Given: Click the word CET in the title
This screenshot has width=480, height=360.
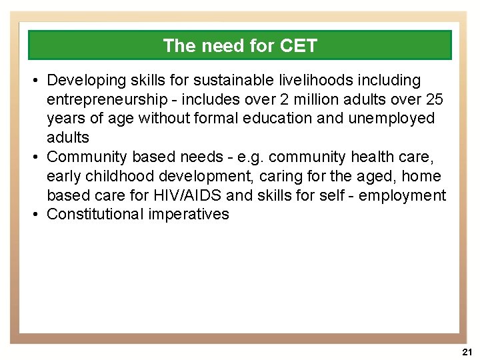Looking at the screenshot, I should (299, 46).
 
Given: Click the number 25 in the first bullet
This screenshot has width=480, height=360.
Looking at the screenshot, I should (435, 99).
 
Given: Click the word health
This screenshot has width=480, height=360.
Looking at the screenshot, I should (375, 157).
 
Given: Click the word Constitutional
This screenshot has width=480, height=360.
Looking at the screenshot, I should (95, 215).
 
